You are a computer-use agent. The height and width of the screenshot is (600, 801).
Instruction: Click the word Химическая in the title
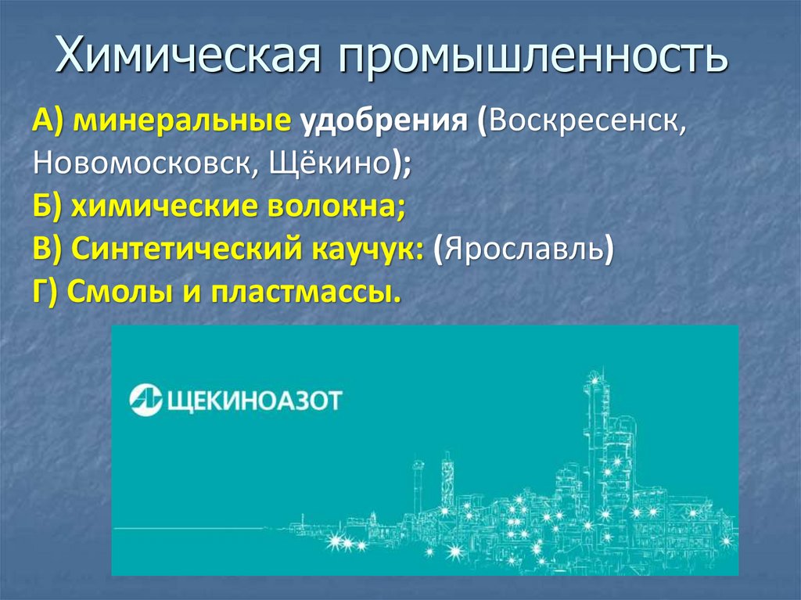[189, 58]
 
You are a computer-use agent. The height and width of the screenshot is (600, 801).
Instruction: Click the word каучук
[365, 250]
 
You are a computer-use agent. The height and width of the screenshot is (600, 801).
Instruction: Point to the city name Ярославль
[523, 250]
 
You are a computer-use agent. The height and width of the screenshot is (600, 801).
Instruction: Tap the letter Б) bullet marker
[48, 207]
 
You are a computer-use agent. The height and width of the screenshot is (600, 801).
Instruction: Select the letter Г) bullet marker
[46, 293]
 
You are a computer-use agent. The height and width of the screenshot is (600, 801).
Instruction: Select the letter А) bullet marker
[48, 122]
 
